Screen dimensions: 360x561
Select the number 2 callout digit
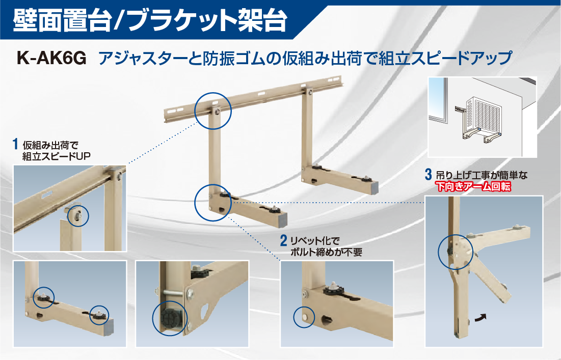[283, 239]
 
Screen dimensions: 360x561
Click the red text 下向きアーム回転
[473, 187]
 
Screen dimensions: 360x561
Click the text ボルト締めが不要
[326, 251]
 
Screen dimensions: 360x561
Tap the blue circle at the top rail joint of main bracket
[212, 110]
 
